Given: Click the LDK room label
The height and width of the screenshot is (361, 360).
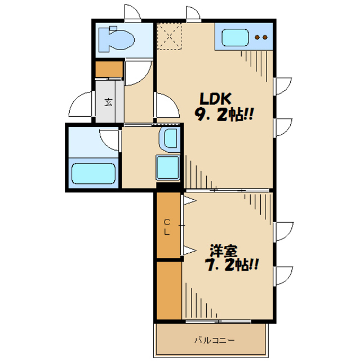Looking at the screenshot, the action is [x=215, y=99].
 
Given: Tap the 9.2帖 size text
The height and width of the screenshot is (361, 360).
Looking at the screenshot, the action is [x=224, y=115].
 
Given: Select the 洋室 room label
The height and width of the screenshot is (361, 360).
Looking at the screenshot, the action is [x=224, y=250].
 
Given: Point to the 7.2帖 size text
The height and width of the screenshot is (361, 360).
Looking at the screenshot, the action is [x=232, y=265].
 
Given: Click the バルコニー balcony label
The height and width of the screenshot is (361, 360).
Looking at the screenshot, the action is [x=215, y=340].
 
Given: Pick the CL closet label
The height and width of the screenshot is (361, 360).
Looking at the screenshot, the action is [x=167, y=227].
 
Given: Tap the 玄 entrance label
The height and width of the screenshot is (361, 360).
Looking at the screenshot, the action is [x=108, y=102].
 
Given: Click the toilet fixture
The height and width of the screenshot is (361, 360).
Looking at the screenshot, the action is [x=116, y=39].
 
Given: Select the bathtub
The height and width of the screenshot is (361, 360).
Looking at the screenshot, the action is [x=94, y=173].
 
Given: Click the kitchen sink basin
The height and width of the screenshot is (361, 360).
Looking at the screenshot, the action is [x=235, y=37].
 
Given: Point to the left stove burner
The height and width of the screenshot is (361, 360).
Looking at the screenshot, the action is [x=257, y=37].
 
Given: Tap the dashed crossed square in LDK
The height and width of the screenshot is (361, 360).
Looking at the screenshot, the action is [x=170, y=36].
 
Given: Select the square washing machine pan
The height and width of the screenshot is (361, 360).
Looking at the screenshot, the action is [x=168, y=168].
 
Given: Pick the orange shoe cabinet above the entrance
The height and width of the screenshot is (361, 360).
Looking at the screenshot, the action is [x=109, y=69].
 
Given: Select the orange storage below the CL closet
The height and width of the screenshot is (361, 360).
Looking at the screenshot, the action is [x=169, y=290].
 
